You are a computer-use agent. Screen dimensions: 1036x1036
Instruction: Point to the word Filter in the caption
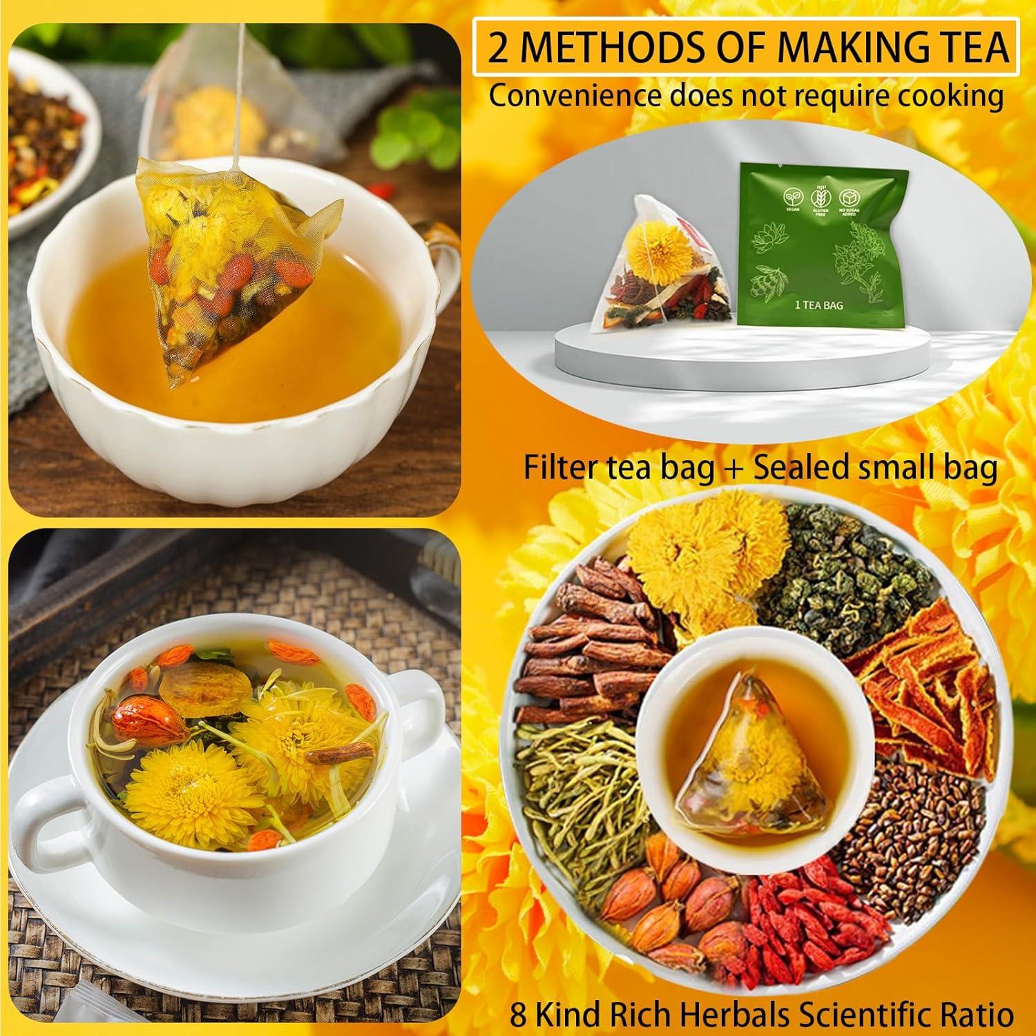tap(558, 468)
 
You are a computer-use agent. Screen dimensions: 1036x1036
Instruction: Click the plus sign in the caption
tap(733, 469)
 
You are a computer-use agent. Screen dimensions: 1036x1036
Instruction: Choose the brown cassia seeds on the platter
tap(912, 808)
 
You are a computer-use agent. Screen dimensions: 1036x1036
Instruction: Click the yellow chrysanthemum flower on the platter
tap(704, 546)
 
